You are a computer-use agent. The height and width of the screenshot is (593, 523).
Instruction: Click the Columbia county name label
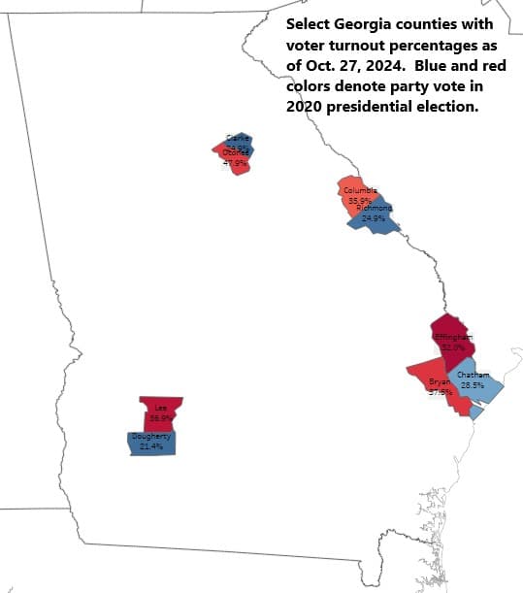pos(360,190)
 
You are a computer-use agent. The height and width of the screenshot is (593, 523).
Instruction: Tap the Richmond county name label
pos(374,209)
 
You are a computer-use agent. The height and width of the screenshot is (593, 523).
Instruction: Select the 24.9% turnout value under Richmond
pos(374,218)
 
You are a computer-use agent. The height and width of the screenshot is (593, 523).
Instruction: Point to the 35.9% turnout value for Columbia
pos(359,200)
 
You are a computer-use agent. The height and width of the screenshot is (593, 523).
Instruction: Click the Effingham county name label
pos(453,337)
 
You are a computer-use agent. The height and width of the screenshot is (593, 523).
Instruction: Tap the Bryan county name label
pos(439,382)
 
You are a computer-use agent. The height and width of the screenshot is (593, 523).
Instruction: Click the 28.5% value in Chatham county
pos(473,385)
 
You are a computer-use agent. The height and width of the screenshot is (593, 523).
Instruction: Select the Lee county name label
pos(161,408)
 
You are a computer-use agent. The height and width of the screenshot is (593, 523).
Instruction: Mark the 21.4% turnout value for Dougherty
pos(150,446)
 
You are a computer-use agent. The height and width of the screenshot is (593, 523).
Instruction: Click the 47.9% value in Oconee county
pos(235,162)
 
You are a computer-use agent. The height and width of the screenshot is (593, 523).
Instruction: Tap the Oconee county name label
pos(237,152)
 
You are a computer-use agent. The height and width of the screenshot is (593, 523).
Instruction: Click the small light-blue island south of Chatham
pos(475,412)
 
